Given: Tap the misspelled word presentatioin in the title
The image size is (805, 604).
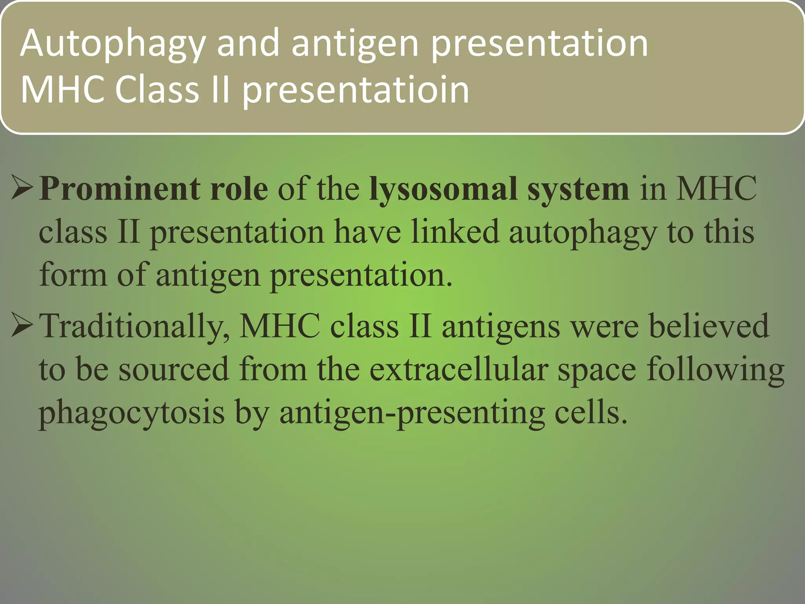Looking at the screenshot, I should [x=355, y=90].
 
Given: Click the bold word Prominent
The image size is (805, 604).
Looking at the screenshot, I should [x=120, y=189].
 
